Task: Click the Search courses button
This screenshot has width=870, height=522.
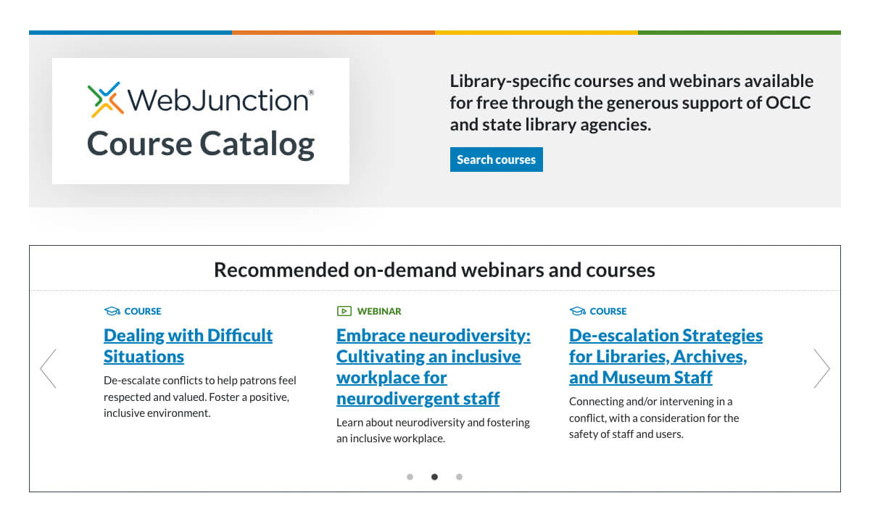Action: (x=496, y=159)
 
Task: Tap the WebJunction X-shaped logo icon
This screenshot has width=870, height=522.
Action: (x=104, y=99)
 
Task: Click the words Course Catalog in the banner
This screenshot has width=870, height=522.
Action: (x=201, y=144)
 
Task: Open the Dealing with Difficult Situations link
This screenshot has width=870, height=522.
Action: (x=188, y=346)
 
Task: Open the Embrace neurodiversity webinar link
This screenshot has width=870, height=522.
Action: (x=433, y=367)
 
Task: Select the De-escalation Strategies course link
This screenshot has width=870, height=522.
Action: (x=666, y=356)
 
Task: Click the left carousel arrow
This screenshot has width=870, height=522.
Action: (x=48, y=368)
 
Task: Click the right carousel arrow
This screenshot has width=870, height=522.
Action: (x=821, y=368)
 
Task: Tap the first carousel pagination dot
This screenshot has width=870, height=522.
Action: (x=410, y=477)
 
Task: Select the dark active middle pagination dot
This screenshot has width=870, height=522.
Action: (x=434, y=477)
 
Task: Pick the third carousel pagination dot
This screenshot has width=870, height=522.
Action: (x=459, y=477)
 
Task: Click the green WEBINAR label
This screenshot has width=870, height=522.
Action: (x=378, y=311)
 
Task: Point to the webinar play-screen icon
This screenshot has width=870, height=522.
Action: (x=344, y=311)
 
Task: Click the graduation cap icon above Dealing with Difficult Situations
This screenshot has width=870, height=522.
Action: (x=112, y=311)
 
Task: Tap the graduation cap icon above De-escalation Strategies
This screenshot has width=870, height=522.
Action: (x=577, y=311)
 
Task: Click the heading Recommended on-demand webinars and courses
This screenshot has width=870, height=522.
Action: (x=434, y=270)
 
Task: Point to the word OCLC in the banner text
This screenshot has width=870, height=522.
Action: (x=788, y=103)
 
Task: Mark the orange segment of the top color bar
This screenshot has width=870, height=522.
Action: (x=333, y=33)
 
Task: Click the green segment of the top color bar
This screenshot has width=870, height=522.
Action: (x=739, y=33)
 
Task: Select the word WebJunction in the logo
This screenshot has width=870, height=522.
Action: (x=217, y=99)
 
